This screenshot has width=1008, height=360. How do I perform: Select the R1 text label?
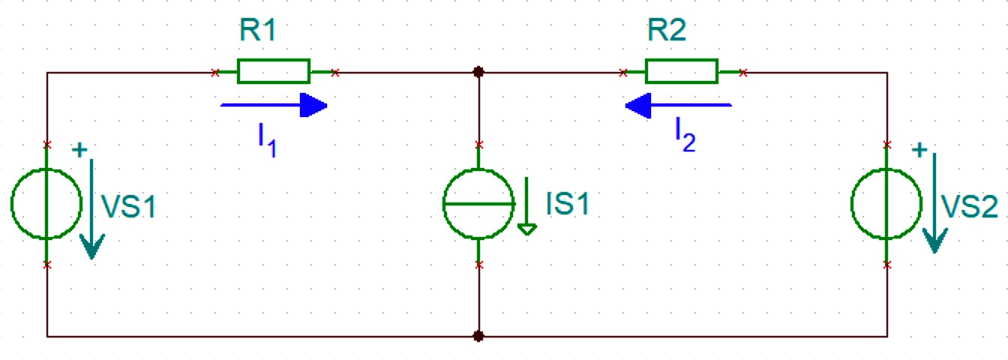click(257, 30)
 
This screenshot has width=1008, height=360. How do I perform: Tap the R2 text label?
click(667, 30)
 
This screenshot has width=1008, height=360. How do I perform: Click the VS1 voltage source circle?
click(12, 203)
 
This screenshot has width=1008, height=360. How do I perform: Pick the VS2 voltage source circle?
click(852, 203)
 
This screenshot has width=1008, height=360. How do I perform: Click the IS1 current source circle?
click(444, 203)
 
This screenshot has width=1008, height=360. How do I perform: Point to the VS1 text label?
click(129, 207)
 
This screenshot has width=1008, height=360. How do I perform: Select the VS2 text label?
click(969, 207)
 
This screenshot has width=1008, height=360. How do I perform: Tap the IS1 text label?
click(568, 203)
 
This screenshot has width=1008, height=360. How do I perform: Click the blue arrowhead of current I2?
click(638, 105)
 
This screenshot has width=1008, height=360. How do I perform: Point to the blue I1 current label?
click(267, 140)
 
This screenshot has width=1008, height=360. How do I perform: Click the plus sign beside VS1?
click(79, 150)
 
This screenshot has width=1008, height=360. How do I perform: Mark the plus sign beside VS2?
click(919, 150)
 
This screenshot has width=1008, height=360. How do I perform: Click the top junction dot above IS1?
click(478, 71)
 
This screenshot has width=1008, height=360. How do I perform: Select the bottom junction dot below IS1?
click(478, 336)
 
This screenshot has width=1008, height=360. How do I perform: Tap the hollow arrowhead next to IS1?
click(527, 229)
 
